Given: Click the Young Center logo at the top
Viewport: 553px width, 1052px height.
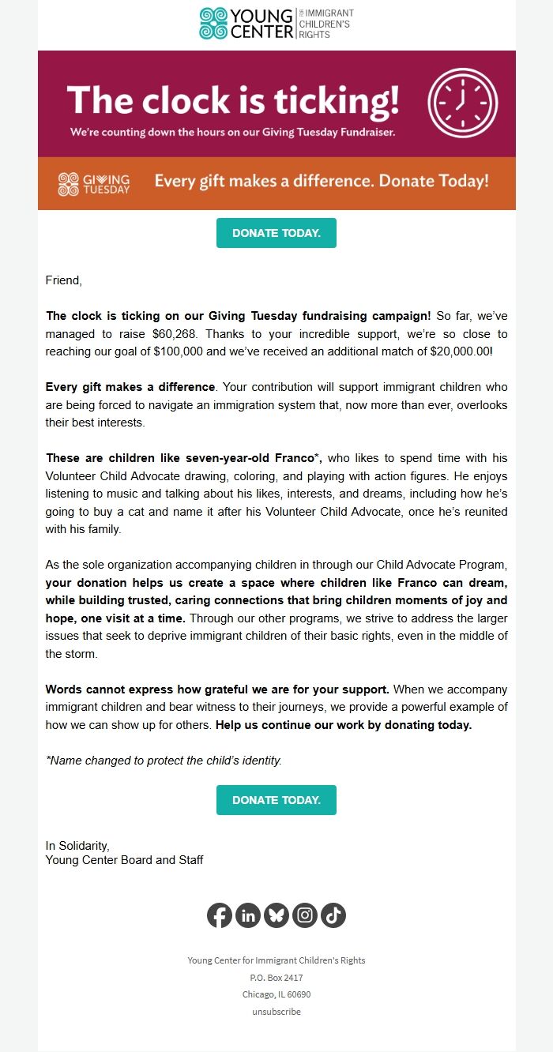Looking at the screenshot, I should coord(276,24).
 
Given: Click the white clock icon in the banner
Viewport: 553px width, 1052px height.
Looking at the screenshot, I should coord(463,103).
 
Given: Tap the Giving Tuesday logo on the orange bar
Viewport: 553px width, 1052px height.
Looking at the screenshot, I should coord(94,183).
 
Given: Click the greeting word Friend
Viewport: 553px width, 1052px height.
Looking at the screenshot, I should coord(63,280).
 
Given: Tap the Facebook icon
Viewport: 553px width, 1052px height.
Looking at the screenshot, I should coord(220,915).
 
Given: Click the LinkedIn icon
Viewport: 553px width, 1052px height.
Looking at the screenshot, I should coord(248,915).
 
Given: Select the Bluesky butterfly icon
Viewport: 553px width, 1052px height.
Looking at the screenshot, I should coord(276,915).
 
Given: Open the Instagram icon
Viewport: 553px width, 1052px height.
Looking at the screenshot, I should coord(305,915).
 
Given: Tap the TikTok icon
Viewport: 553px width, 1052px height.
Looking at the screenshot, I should coord(333,915).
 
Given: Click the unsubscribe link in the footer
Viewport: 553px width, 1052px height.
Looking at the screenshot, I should coord(276,1012).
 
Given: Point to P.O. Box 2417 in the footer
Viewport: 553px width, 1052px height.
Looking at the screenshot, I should coord(276,978).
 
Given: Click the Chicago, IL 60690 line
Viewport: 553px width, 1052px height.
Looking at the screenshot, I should coord(276,994).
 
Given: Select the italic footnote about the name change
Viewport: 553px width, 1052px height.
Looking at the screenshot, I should coord(164,761).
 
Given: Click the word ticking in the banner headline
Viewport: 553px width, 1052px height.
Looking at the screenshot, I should coord(336,102).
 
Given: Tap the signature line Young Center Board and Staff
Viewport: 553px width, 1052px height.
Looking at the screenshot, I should coord(124,860).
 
